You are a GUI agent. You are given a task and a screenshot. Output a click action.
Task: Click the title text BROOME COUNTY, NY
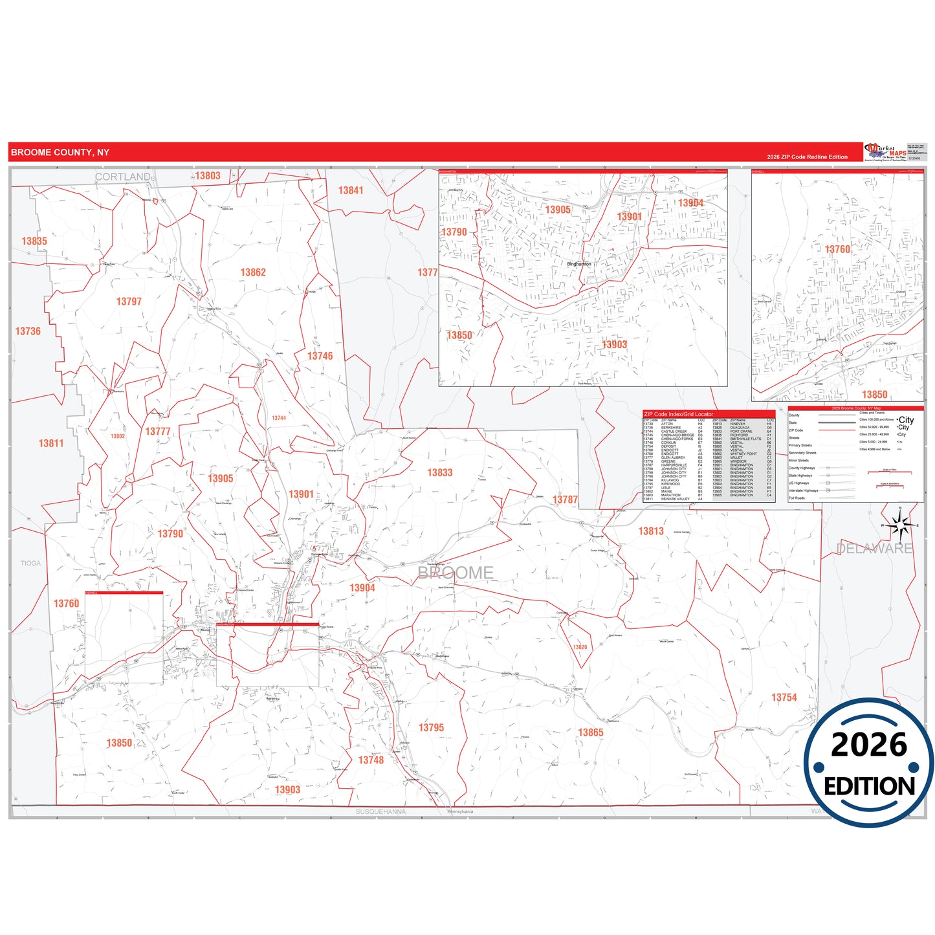click(x=60, y=153)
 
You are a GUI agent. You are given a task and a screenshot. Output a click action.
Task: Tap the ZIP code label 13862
click(x=253, y=272)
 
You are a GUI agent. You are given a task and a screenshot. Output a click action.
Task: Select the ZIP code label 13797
click(x=129, y=302)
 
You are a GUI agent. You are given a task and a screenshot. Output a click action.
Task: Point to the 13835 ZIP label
click(x=34, y=241)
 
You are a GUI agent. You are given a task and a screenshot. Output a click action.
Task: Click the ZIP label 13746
click(x=320, y=356)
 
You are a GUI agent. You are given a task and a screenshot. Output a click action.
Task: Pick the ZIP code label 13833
click(x=439, y=473)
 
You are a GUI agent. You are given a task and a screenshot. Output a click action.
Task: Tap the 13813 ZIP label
click(x=651, y=531)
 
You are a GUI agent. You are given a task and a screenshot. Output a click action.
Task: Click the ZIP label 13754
click(x=784, y=698)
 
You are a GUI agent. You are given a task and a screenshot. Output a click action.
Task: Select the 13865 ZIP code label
click(x=590, y=732)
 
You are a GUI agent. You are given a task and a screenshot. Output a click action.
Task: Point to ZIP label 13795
click(x=431, y=728)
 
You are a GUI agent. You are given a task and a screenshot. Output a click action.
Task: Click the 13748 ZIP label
click(x=371, y=760)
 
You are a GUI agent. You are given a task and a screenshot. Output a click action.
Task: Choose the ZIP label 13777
click(x=158, y=432)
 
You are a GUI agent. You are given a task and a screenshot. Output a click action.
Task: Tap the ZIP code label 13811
click(x=51, y=443)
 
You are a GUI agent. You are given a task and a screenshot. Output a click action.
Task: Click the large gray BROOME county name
click(x=456, y=573)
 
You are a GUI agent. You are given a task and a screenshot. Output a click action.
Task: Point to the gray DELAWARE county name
click(x=874, y=549)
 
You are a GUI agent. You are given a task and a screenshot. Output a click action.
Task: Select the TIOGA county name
click(x=30, y=564)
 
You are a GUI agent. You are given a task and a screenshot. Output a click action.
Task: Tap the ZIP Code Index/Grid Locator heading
click(x=679, y=414)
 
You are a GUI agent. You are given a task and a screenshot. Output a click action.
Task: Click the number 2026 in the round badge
click(x=869, y=745)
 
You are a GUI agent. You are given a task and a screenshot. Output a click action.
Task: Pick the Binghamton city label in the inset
click(x=578, y=264)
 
